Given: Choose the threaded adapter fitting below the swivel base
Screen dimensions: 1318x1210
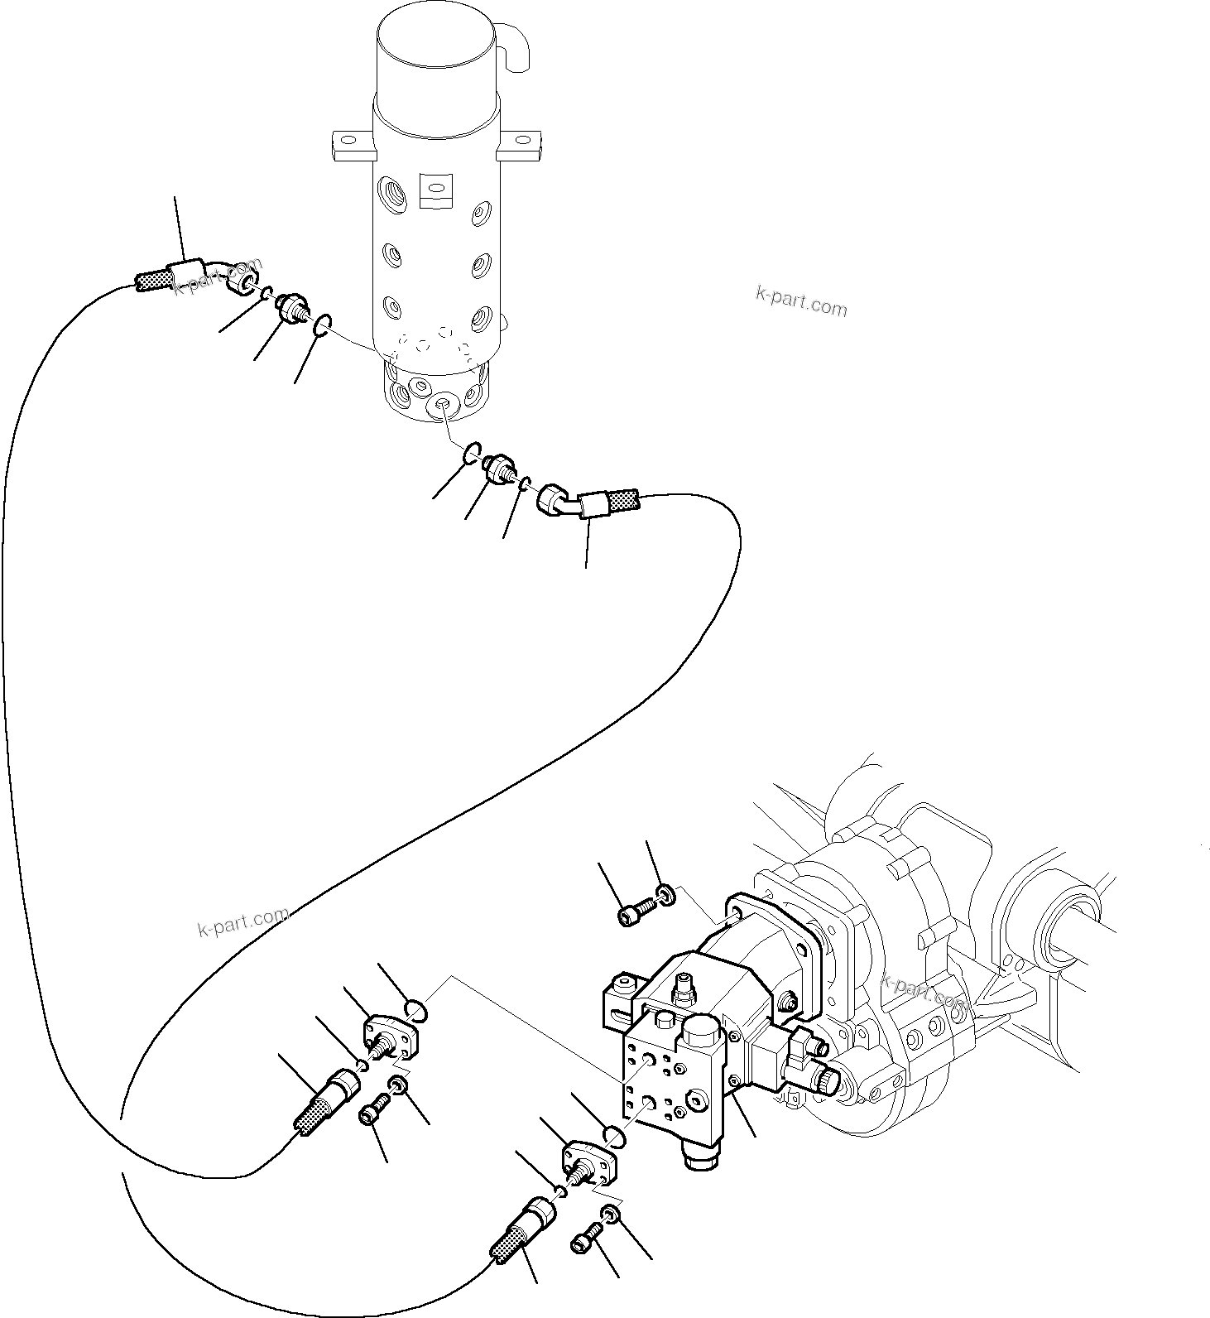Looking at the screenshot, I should (500, 469).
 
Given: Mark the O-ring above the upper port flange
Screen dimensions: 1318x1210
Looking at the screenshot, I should (417, 1009).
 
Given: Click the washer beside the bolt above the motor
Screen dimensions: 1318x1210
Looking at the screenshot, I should (665, 894).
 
